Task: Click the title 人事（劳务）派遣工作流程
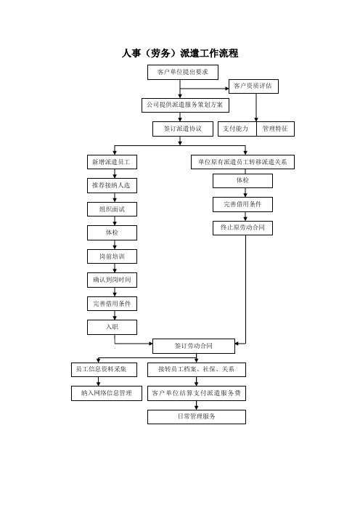(180, 53)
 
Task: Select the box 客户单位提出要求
(183, 72)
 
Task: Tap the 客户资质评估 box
(253, 86)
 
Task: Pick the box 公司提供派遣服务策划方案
(185, 105)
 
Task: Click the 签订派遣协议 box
(183, 129)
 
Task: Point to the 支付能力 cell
(237, 129)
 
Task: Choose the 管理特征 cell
(275, 129)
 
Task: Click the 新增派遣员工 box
(112, 162)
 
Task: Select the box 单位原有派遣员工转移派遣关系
(242, 162)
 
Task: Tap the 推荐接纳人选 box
(112, 185)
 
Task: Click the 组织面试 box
(112, 209)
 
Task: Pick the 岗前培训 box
(112, 256)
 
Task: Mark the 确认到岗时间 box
(112, 280)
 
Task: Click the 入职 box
(112, 327)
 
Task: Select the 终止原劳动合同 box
(242, 228)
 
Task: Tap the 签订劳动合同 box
(194, 346)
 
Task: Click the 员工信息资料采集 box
(104, 370)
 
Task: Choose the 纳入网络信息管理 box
(107, 393)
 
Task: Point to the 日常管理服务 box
(197, 417)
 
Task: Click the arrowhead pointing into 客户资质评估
(227, 89)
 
